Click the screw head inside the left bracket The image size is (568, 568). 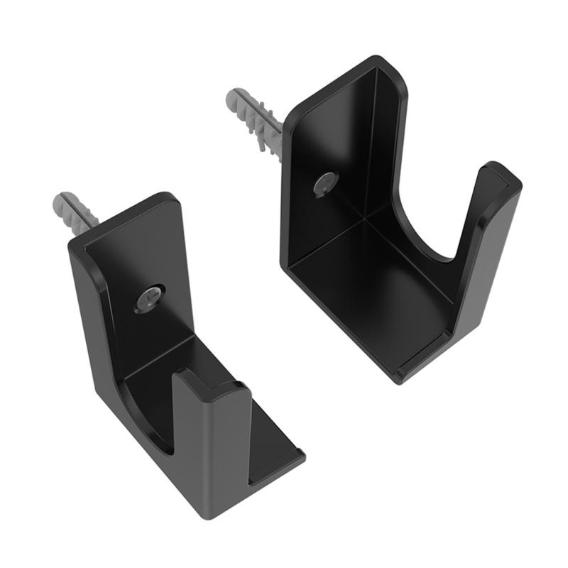[x=151, y=297]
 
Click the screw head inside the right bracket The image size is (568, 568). [x=325, y=184]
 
